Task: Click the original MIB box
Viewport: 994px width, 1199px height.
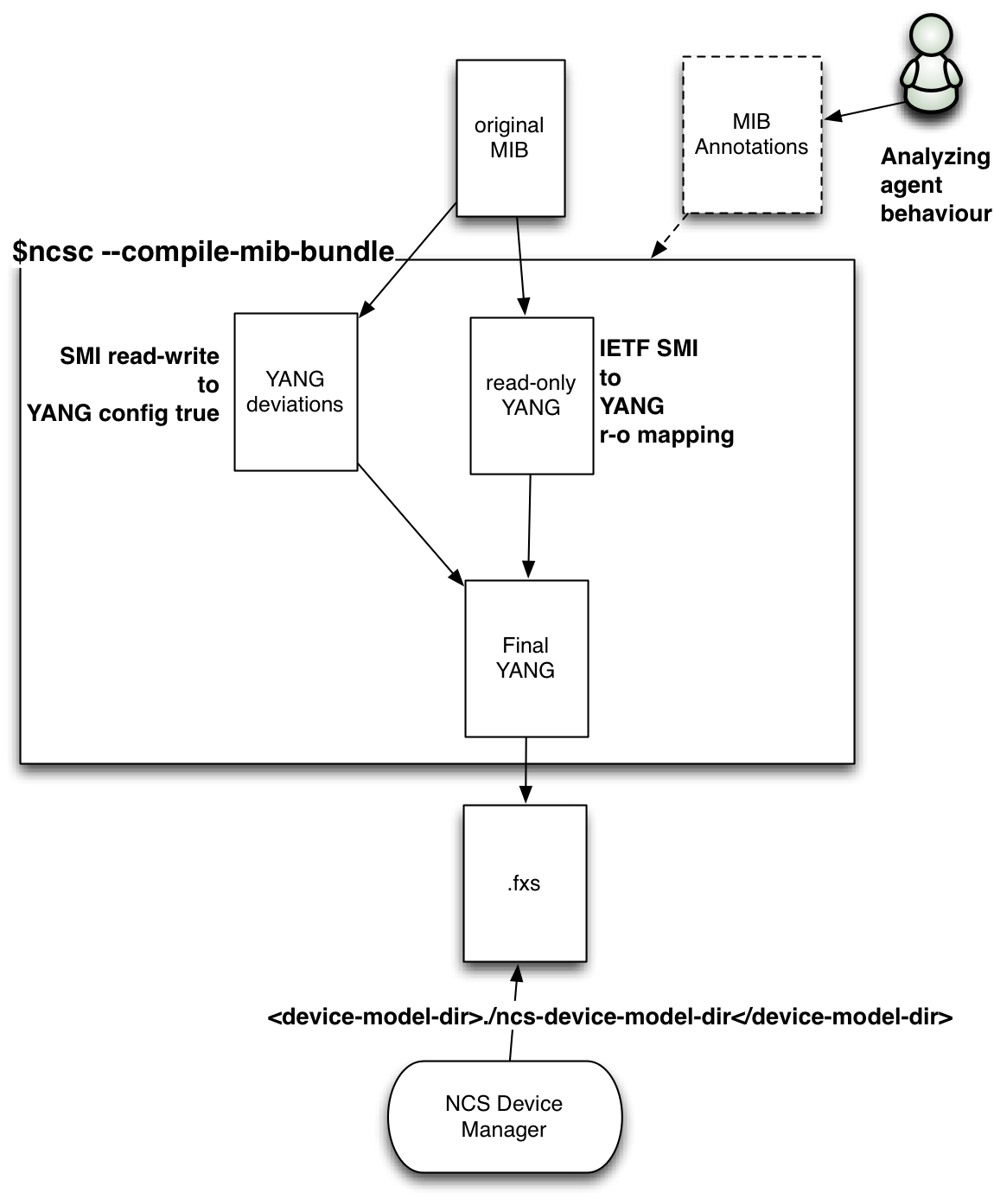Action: click(510, 137)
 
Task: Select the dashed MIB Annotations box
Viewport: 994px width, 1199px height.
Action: click(751, 135)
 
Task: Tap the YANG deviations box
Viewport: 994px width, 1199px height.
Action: click(296, 392)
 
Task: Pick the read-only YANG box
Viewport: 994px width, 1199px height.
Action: click(531, 395)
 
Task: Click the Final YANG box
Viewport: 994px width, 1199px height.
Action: click(526, 658)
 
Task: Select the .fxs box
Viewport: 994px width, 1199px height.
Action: click(525, 883)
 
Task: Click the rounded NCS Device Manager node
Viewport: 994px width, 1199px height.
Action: click(504, 1116)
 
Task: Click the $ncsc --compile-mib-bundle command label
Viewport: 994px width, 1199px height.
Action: click(204, 252)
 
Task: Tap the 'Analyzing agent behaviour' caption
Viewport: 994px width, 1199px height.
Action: click(935, 185)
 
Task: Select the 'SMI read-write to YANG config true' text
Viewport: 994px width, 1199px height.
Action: click(124, 385)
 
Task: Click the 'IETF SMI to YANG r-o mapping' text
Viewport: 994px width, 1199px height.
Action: click(666, 392)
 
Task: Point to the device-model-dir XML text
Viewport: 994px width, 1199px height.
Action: click(610, 1017)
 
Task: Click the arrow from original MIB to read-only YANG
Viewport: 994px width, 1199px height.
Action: click(520, 265)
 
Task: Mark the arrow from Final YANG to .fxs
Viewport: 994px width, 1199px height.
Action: click(526, 770)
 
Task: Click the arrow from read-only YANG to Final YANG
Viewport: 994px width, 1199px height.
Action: click(529, 526)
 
